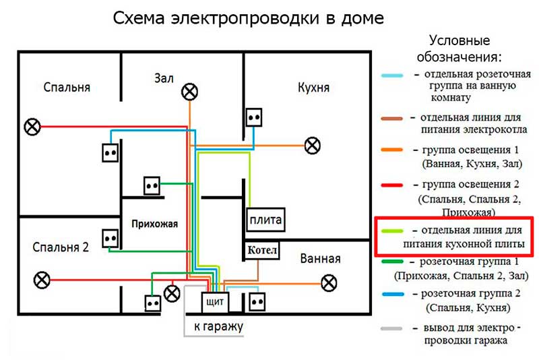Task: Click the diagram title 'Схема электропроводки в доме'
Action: [x=249, y=18]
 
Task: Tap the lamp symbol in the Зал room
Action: [x=191, y=90]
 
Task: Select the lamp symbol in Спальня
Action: [x=32, y=125]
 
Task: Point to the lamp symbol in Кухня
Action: [x=312, y=144]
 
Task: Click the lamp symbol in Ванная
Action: [x=329, y=282]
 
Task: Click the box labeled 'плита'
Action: [x=265, y=220]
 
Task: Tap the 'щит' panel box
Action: [x=215, y=301]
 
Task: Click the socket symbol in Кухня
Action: [x=253, y=117]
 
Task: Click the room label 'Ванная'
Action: [x=320, y=259]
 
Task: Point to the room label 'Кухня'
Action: [x=313, y=88]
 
